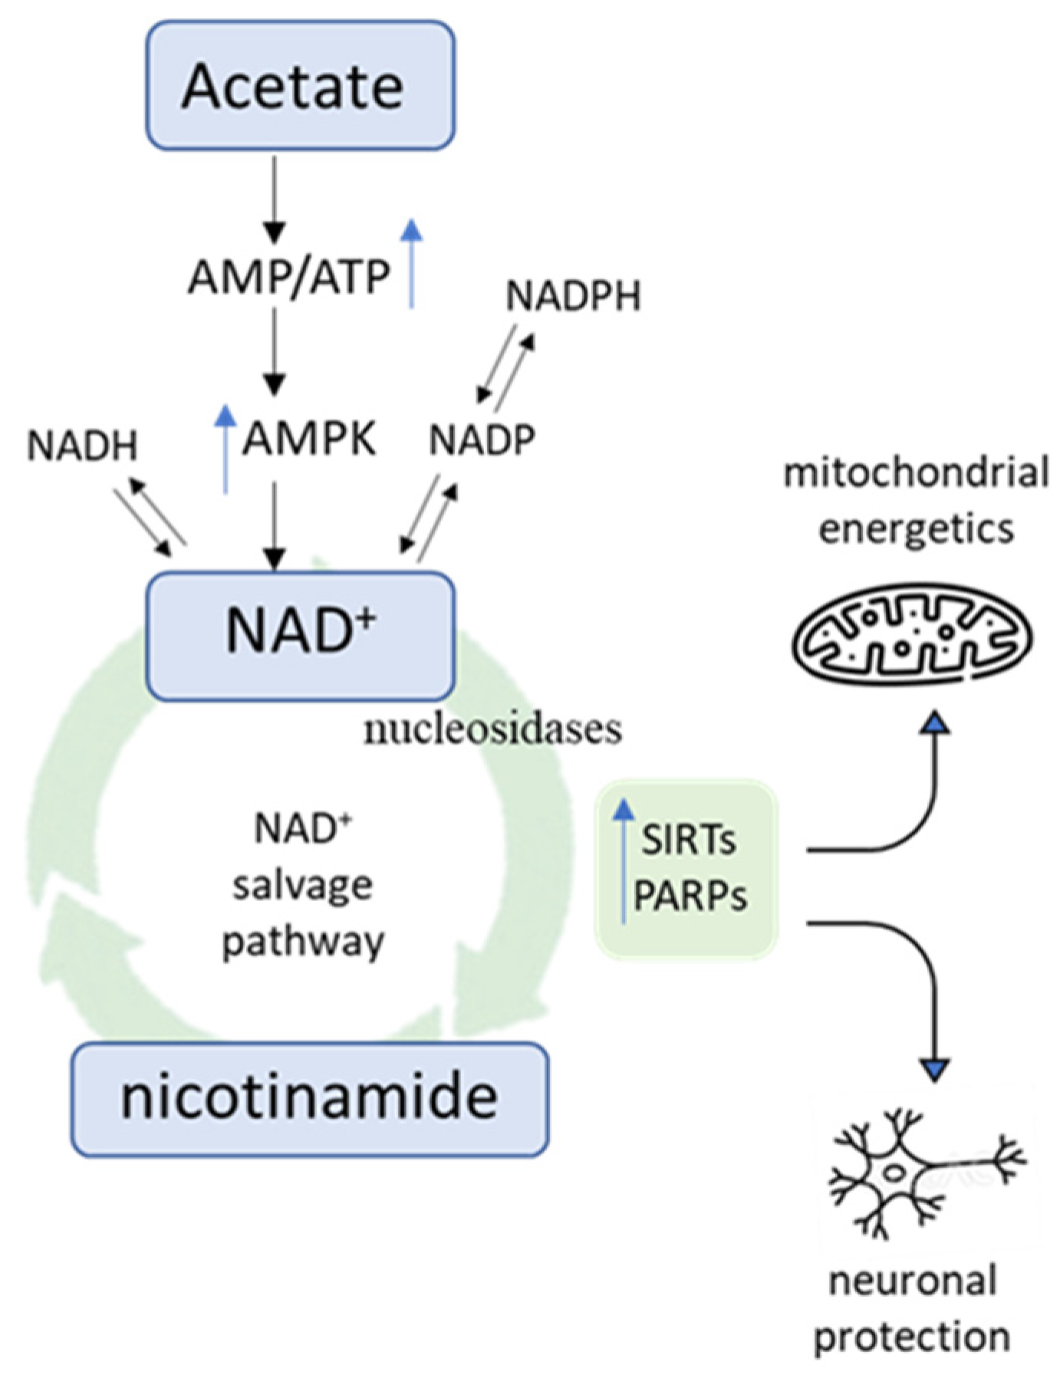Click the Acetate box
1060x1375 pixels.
click(300, 85)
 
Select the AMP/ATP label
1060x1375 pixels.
click(289, 277)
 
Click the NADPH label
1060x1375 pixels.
click(573, 296)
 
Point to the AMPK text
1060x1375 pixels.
click(309, 440)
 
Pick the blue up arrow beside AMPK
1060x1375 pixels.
click(225, 449)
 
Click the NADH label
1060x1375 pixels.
click(82, 446)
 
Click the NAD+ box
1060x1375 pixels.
click(300, 636)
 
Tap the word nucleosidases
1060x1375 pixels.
click(492, 729)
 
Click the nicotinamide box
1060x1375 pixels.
click(310, 1098)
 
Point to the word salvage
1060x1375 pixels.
click(303, 886)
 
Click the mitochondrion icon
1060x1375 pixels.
click(911, 636)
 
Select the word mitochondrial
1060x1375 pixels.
click(916, 473)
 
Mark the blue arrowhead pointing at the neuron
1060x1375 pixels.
click(935, 1068)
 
